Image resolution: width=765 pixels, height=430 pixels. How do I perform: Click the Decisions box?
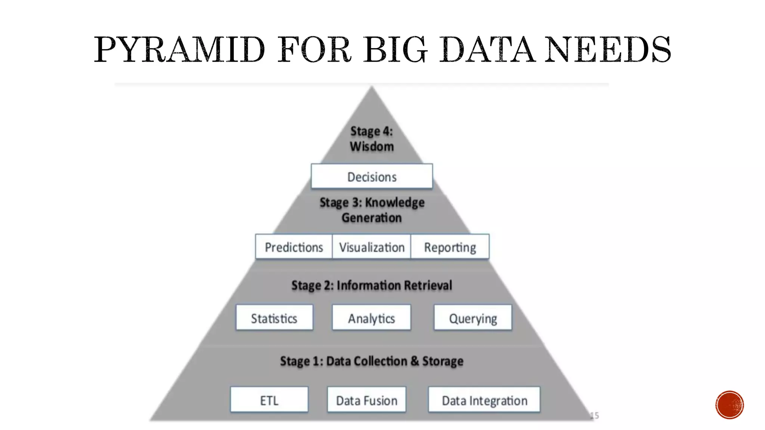pos(372,176)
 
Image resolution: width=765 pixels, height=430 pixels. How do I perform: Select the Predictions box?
pos(294,247)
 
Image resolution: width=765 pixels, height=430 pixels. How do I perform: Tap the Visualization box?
pos(372,247)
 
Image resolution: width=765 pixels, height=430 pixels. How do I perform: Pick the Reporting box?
pos(450,247)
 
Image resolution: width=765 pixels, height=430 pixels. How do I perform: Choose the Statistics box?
pos(274,318)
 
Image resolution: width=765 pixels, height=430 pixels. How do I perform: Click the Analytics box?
pos(371,318)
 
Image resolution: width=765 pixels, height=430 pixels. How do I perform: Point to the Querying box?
pos(473,318)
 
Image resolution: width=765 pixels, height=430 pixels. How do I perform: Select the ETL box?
pos(269,400)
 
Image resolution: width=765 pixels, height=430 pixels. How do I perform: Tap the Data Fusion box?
pos(366,400)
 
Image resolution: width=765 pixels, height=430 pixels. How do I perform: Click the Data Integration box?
pos(484,400)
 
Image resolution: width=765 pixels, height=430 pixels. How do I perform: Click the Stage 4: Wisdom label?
pos(372,138)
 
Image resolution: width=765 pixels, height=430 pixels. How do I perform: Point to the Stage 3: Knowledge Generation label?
pos(372,210)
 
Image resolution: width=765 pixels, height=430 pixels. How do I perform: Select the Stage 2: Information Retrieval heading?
pos(372,285)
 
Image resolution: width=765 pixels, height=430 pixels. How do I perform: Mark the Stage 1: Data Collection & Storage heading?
pos(372,361)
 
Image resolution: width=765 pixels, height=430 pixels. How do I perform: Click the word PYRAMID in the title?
pos(179,50)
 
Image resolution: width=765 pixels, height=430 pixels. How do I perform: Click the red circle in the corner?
pos(730,405)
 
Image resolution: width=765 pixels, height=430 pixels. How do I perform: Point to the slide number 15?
pos(594,415)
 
